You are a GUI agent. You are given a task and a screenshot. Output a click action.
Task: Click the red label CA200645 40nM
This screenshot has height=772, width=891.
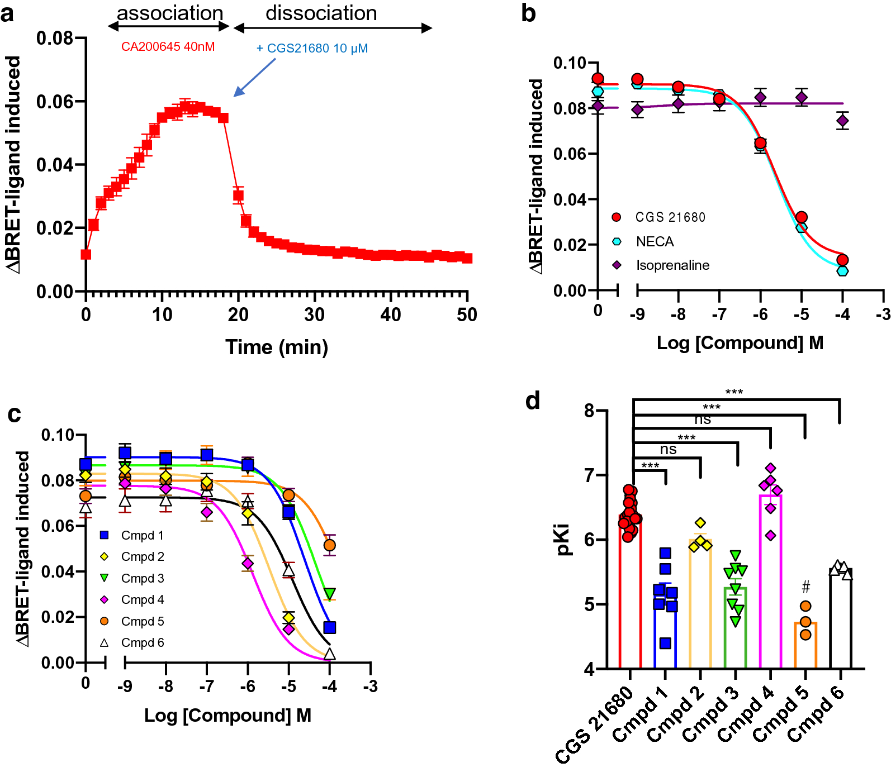(x=168, y=47)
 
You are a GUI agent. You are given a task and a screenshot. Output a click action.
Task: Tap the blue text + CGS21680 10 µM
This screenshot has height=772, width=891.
(x=312, y=49)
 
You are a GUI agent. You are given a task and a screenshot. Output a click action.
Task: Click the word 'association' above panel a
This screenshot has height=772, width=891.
(x=170, y=13)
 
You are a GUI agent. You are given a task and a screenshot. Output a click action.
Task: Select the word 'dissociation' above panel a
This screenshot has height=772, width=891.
(x=321, y=13)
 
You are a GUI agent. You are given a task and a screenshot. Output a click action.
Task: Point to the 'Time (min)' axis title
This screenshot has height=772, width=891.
(x=277, y=347)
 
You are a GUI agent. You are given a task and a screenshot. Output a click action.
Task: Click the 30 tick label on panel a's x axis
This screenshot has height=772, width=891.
(x=314, y=315)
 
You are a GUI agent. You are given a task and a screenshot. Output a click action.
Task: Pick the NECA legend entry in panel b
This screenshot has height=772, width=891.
(x=655, y=242)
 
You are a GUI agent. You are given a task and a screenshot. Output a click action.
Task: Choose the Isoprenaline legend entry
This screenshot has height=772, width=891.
(x=672, y=265)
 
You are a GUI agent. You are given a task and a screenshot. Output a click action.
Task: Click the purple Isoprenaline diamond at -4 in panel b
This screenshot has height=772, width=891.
(x=842, y=121)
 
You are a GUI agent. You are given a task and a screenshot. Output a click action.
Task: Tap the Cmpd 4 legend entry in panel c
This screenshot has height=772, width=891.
(x=142, y=600)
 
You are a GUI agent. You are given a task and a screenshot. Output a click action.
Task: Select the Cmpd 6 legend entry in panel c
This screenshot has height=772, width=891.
(x=142, y=643)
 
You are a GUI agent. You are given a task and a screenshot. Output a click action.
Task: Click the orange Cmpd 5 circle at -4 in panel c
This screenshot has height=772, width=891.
(x=330, y=545)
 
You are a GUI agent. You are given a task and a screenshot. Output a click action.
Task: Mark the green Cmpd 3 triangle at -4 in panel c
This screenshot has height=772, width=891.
(x=330, y=593)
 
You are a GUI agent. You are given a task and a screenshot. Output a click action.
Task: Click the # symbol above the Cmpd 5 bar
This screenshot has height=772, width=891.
(x=805, y=587)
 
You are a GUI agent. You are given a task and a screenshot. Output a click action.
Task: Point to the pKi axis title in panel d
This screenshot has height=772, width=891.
(x=564, y=540)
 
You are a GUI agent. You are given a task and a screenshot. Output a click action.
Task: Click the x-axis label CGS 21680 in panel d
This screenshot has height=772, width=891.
(x=595, y=726)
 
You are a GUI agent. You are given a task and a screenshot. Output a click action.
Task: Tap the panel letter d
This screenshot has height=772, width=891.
(x=533, y=401)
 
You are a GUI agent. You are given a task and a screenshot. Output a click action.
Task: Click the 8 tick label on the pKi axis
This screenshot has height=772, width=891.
(x=589, y=411)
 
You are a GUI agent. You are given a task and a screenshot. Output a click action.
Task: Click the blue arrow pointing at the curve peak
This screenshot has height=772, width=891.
(x=254, y=78)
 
